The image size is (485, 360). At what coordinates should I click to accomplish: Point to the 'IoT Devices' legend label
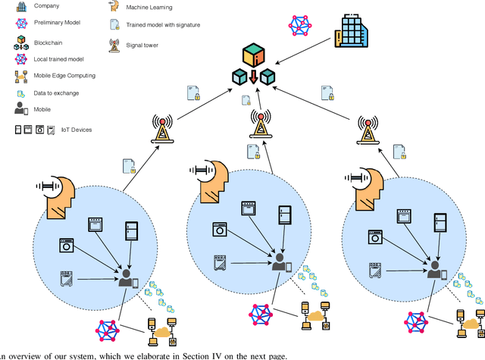[x=76, y=130]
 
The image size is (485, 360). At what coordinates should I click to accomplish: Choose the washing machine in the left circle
[x=66, y=246]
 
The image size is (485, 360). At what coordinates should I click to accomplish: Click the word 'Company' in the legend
[x=47, y=6]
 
